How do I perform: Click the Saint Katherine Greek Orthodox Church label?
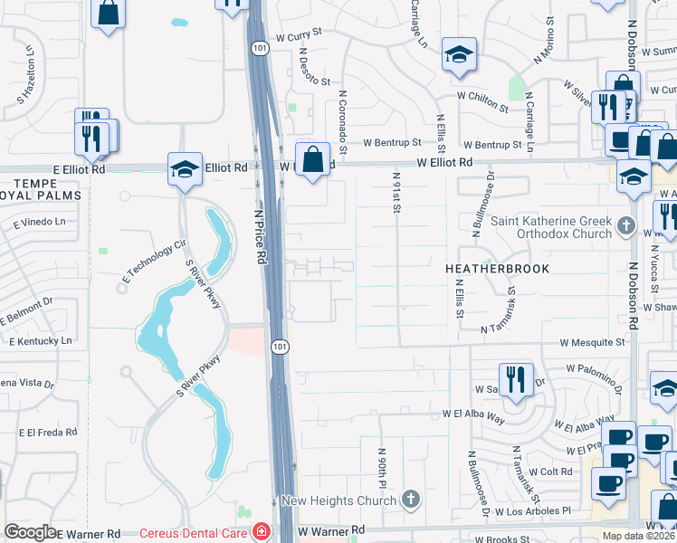[x=552, y=228]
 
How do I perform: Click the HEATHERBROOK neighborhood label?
[x=497, y=269]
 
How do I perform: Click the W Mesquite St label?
[x=593, y=343]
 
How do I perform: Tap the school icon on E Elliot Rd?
[x=185, y=168]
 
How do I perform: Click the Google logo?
[x=31, y=531]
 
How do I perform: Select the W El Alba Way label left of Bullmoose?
[x=473, y=413]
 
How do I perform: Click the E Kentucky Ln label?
[x=40, y=340]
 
